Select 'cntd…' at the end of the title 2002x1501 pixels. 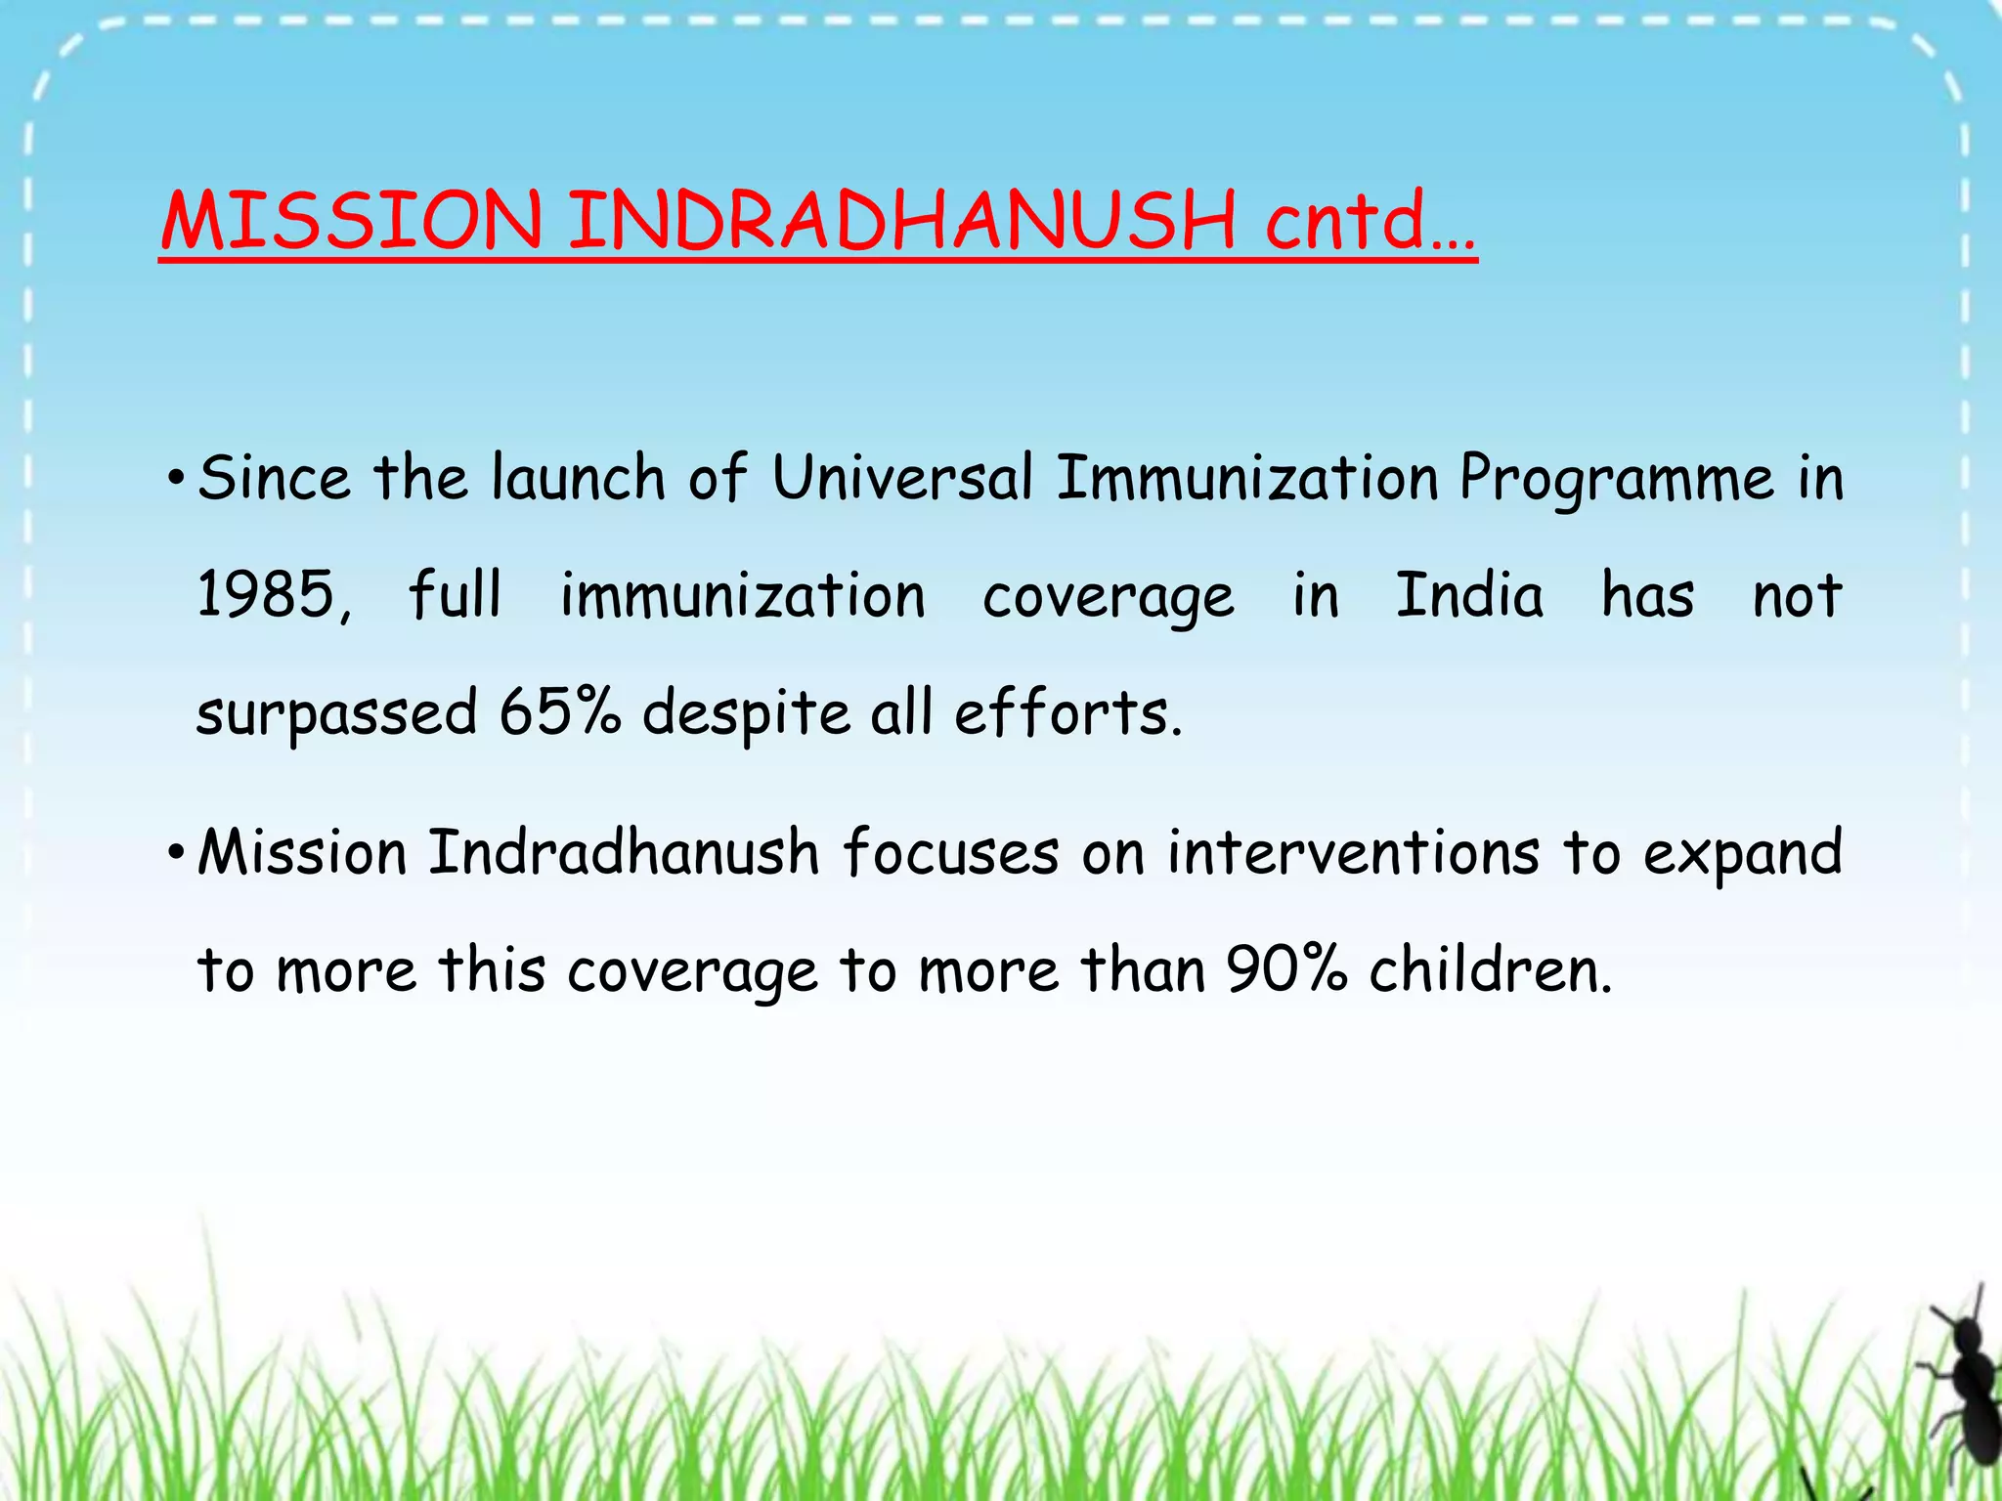point(1370,221)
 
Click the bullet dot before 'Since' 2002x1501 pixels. point(175,479)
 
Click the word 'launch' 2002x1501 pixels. point(578,479)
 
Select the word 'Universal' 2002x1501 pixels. point(901,479)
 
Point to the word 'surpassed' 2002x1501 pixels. point(336,714)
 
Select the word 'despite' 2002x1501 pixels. point(746,714)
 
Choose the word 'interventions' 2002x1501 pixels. point(1353,852)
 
